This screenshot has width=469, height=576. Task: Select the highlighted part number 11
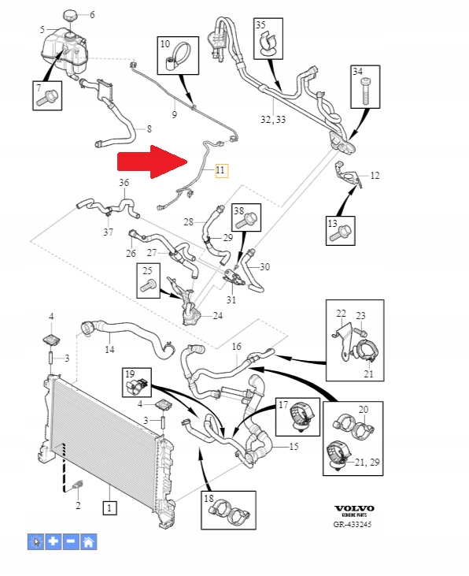[221, 170]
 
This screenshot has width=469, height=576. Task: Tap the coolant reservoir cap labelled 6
[71, 16]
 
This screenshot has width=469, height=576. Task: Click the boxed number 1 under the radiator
[109, 508]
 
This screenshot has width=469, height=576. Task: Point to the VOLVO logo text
[354, 508]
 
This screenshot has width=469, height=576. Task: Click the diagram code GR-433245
[353, 524]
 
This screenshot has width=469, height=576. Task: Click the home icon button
[88, 542]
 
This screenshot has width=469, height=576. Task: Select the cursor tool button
[35, 542]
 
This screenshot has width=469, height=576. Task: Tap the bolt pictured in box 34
[366, 91]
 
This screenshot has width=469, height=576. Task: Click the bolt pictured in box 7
[47, 98]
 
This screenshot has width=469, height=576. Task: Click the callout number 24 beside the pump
[218, 315]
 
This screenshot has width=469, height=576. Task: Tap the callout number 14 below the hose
[109, 349]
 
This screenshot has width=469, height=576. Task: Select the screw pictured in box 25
[148, 285]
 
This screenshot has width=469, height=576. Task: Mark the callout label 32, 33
[273, 120]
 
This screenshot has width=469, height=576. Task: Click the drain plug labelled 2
[77, 485]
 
